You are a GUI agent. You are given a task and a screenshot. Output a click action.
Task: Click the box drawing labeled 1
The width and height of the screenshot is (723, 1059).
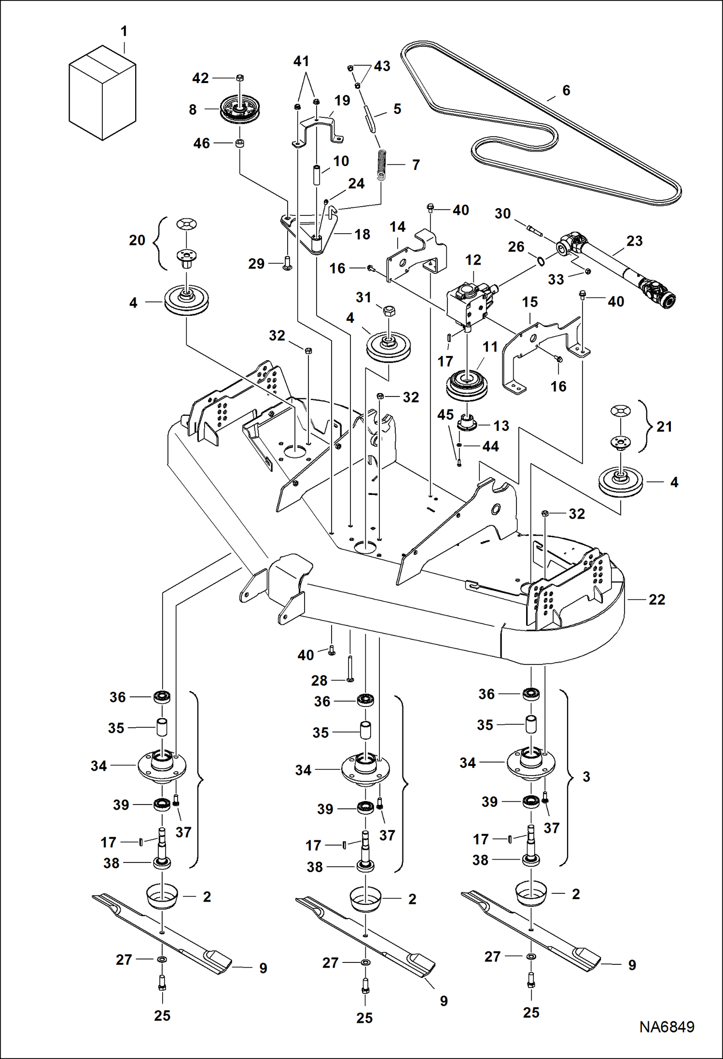point(102,93)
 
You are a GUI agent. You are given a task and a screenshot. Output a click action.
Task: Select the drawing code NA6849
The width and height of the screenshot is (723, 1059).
point(667,1027)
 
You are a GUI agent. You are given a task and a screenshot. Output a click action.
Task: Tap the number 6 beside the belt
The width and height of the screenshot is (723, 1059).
point(566,90)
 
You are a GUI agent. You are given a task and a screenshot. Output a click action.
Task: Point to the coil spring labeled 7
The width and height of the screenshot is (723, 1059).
point(381,165)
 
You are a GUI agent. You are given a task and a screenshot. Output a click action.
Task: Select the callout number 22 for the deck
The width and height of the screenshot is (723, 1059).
point(656,599)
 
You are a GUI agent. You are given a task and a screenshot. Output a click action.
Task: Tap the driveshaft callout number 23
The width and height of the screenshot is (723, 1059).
point(634,241)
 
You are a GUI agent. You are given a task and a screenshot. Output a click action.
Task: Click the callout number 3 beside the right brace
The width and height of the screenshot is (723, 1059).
point(586,777)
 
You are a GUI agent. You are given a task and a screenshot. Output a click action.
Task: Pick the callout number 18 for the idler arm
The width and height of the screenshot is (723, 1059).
point(362,234)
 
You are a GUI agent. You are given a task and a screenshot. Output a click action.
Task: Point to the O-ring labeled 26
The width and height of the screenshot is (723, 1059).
point(541,261)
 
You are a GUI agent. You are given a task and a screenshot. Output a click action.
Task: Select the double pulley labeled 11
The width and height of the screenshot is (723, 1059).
point(466,384)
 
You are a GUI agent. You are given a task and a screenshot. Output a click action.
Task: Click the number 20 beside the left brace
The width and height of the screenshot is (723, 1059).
point(137,240)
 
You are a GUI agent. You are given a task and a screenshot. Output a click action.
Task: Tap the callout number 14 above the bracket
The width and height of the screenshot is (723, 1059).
point(397,227)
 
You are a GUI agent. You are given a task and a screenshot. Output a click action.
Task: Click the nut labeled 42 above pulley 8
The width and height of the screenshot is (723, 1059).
point(240,78)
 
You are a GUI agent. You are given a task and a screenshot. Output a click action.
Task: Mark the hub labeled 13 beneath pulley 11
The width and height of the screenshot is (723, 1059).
point(467,422)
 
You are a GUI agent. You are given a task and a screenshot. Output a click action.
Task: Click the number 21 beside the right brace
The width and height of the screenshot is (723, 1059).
point(664,426)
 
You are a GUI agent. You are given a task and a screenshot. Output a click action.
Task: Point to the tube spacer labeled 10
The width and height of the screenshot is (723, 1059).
point(316,175)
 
